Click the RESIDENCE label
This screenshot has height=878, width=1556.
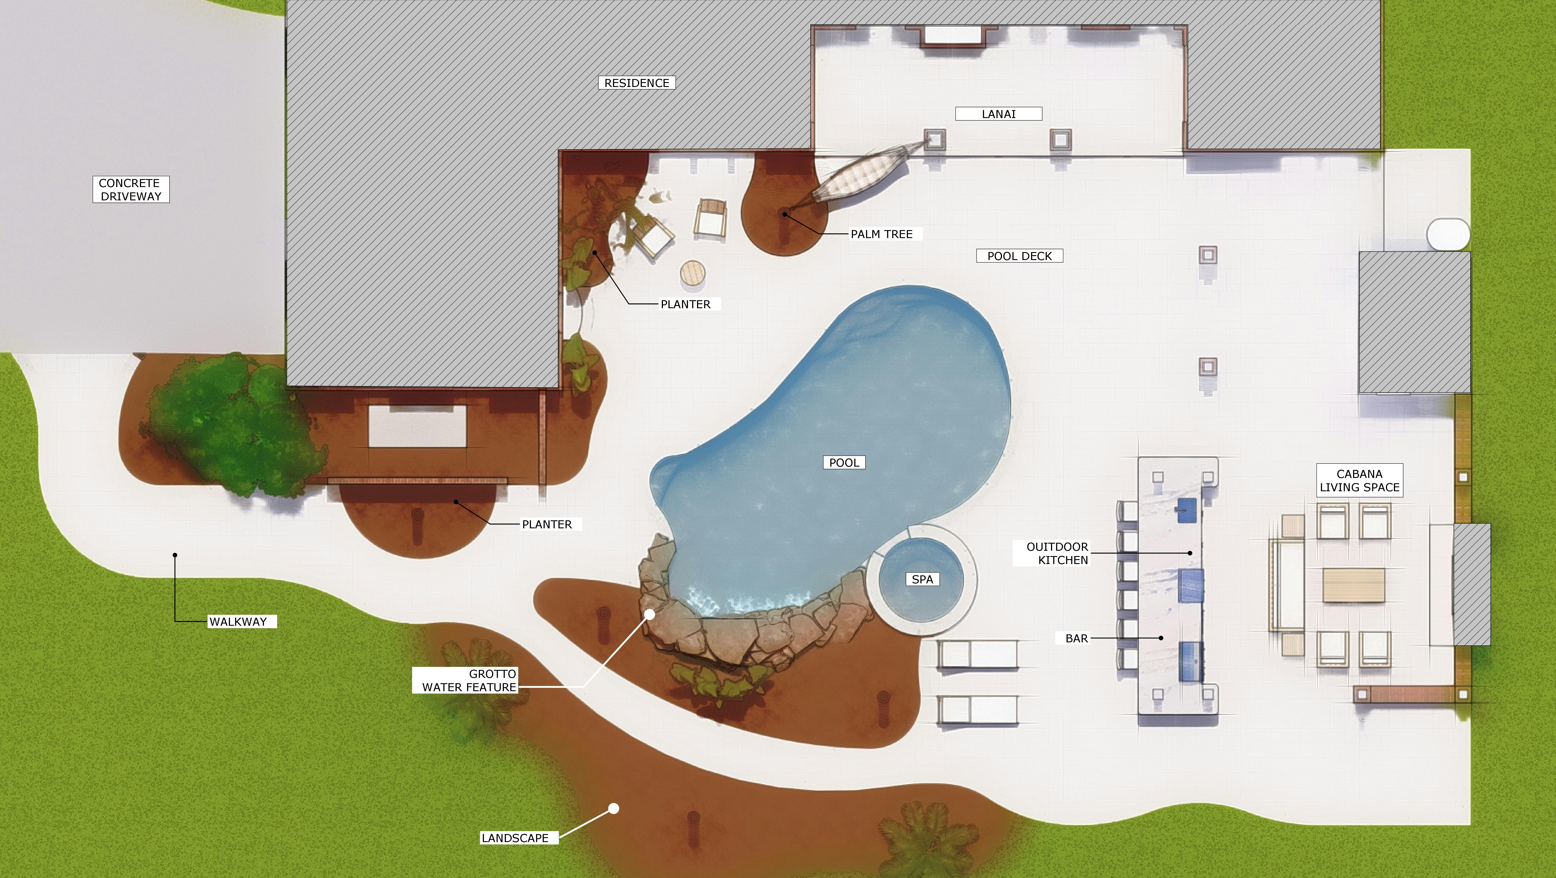(637, 83)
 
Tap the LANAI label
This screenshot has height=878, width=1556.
(998, 114)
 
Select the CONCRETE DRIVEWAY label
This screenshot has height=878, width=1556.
(130, 189)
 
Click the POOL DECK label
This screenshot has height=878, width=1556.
(1020, 256)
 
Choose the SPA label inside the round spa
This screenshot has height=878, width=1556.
(922, 579)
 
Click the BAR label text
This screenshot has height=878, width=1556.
(1076, 638)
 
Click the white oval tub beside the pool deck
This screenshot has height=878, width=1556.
(1448, 234)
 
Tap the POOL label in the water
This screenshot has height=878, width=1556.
(844, 462)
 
